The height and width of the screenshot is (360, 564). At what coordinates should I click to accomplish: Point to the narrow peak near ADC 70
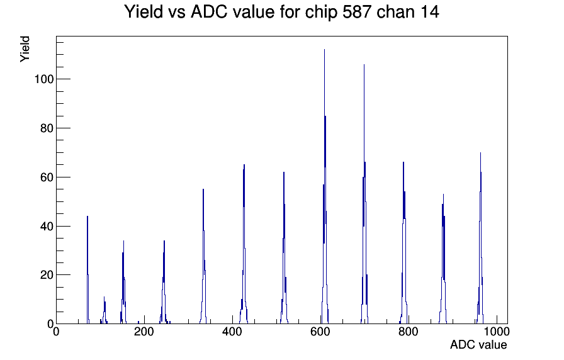87,270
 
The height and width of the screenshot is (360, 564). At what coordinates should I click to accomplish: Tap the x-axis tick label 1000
497,332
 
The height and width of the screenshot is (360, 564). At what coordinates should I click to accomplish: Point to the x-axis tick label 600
320,332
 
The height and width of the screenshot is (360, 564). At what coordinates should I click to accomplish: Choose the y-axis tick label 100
44,79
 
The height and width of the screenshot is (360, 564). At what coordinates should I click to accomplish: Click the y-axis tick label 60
47,177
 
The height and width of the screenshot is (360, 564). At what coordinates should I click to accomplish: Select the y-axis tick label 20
47,275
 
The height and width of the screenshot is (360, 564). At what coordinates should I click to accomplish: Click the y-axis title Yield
25,49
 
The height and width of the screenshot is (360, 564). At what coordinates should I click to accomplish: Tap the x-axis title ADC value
478,344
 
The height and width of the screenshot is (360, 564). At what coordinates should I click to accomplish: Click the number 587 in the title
357,12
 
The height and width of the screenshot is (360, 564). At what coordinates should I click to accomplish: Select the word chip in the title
321,13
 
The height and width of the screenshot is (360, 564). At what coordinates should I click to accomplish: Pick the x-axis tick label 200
144,332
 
